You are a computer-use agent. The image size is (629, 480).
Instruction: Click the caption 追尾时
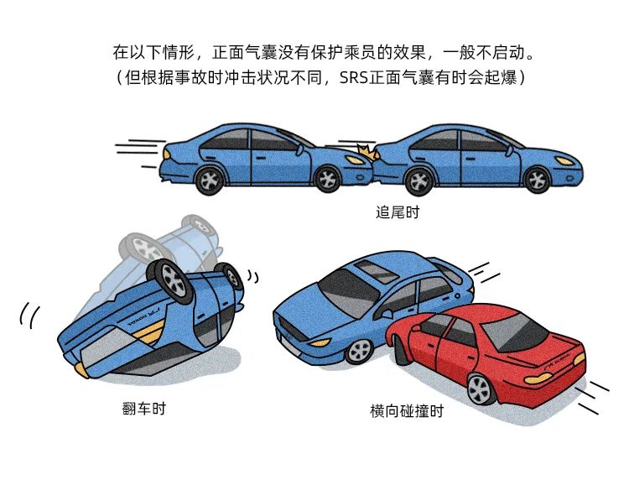click(x=398, y=212)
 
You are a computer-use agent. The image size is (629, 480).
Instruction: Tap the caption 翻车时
click(x=143, y=409)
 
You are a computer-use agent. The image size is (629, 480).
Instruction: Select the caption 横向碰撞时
click(x=407, y=411)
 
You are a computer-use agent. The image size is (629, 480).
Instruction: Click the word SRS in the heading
click(x=353, y=77)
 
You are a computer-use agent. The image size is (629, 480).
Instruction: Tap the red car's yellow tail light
click(x=538, y=378)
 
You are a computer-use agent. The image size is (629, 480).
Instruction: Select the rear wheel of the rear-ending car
click(x=210, y=180)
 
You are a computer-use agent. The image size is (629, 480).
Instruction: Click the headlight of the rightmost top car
click(x=564, y=160)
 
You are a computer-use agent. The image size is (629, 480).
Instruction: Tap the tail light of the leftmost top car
click(x=167, y=154)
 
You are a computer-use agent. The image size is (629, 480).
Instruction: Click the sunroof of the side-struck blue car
click(x=377, y=271)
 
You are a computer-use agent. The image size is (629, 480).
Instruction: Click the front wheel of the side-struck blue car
click(x=360, y=351)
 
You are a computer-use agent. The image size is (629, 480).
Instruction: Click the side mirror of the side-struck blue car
click(x=387, y=313)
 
